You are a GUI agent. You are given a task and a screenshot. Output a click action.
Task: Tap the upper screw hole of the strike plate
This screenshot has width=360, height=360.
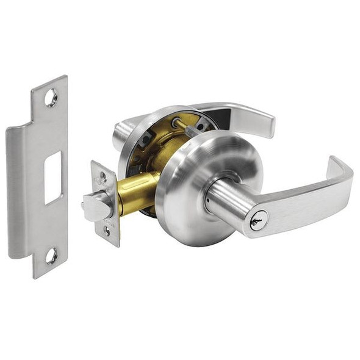(51, 97)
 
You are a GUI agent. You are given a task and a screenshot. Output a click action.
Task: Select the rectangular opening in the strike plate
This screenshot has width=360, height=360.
(53, 178)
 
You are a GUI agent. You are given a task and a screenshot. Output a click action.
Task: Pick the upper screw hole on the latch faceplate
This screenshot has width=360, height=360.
(103, 178)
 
